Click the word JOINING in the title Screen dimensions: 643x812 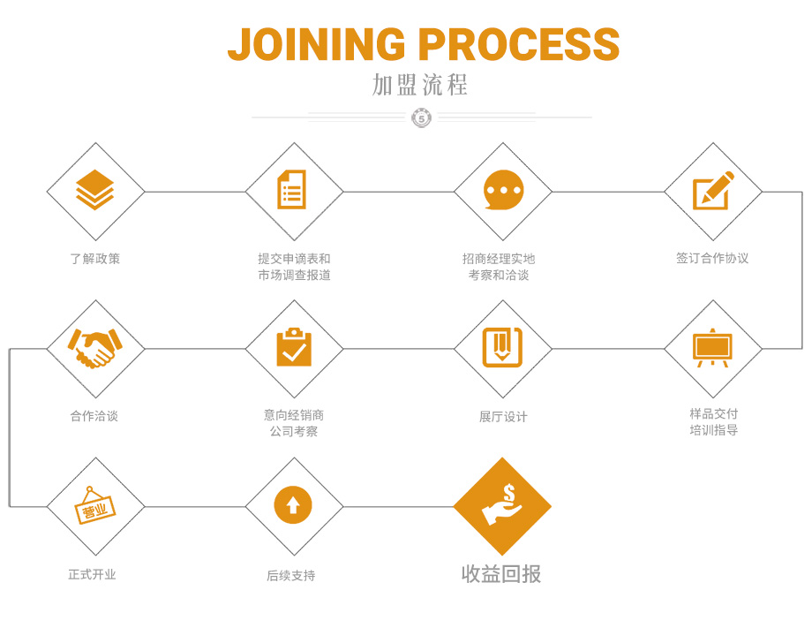317,44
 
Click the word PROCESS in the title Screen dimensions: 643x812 519,44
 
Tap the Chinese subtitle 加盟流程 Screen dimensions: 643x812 420,86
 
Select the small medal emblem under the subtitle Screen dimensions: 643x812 422,117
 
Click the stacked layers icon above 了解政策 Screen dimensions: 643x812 95,190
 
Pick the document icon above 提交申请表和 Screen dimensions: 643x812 292,190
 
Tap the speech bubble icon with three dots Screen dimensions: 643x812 503,190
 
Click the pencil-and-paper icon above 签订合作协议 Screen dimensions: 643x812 713,190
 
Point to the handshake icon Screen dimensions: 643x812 95,348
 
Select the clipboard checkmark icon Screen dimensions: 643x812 293,348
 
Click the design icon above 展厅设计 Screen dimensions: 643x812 502,348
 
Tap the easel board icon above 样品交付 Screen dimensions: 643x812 712,348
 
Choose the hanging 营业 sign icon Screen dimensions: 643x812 95,506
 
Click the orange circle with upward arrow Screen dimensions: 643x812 293,506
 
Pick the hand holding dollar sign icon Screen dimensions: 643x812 502,506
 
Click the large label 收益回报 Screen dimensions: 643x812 501,574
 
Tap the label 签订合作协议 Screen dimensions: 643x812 712,259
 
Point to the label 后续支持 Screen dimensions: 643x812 291,576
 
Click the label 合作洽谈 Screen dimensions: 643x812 94,416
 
